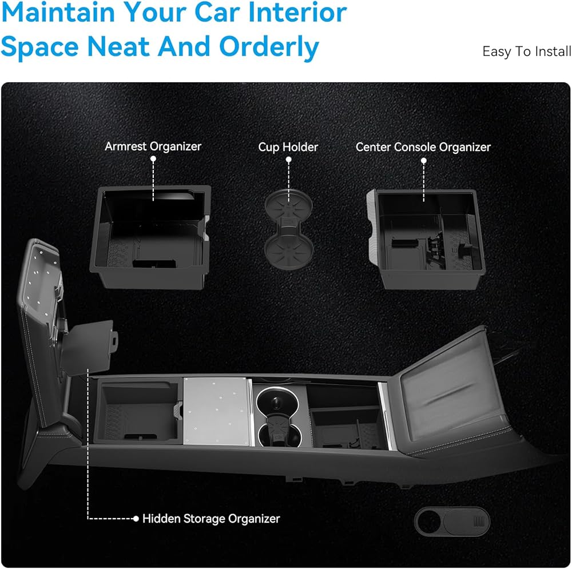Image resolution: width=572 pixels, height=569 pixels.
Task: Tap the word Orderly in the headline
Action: [x=269, y=48]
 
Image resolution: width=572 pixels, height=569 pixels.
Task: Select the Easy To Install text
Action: [x=527, y=51]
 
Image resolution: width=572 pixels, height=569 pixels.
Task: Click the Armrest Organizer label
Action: [x=153, y=146]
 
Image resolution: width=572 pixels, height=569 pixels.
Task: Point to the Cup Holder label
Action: [x=288, y=147]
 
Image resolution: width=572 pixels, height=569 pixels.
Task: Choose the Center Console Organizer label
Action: [x=423, y=147]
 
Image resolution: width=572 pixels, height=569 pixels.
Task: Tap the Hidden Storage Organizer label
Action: [x=211, y=518]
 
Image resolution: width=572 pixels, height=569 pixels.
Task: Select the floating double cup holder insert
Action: [x=288, y=229]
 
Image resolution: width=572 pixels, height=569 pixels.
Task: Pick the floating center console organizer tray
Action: [x=426, y=239]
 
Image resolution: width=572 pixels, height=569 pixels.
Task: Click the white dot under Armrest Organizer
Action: [x=153, y=158]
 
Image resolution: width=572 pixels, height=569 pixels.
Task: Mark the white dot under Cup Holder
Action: [x=288, y=160]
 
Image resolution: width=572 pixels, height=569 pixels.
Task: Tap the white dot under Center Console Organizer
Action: [x=423, y=161]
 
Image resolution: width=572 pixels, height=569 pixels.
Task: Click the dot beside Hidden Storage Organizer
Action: [x=136, y=518]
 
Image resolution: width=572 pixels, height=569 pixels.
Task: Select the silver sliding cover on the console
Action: [x=217, y=411]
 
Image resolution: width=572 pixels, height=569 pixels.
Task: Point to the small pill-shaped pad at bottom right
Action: [x=452, y=521]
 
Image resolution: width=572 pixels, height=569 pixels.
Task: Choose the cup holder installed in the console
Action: [x=279, y=417]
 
